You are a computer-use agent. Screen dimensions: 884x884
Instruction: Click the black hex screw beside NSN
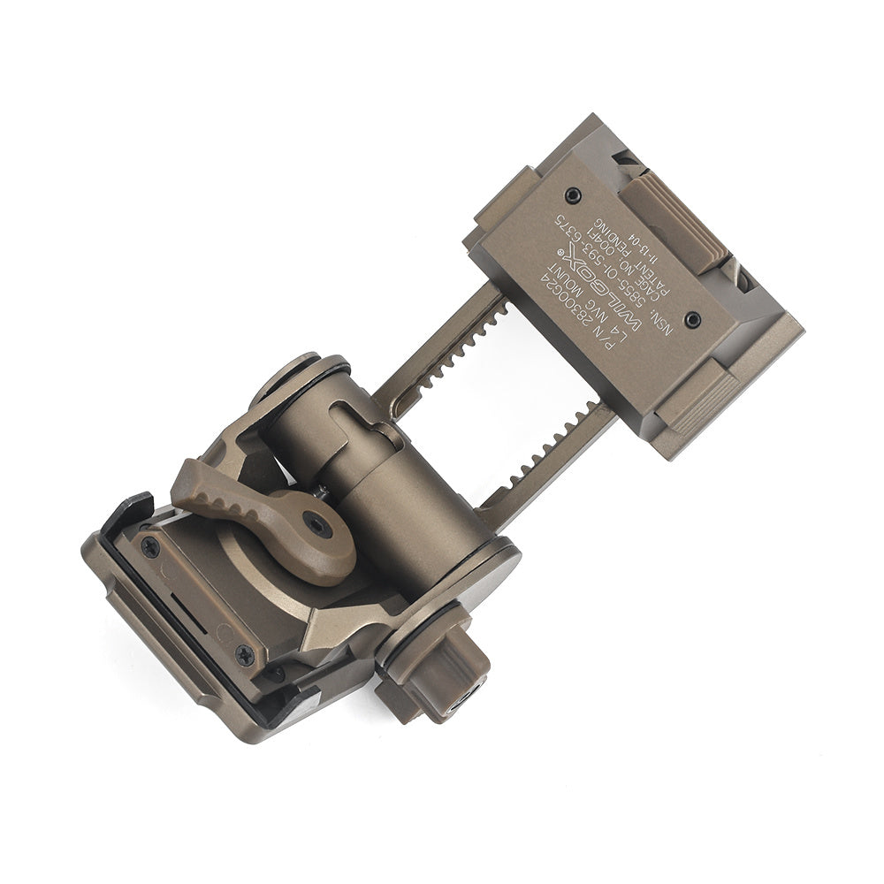[x=692, y=319]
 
